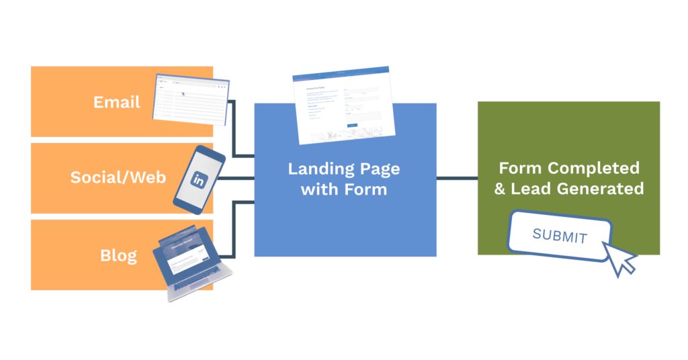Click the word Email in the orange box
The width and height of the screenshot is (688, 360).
coord(117,102)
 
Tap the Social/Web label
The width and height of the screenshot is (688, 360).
coord(118,178)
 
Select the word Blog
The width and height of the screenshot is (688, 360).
coord(118,255)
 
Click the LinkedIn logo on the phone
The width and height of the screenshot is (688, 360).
coord(199,179)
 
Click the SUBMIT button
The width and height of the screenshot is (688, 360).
coord(560,236)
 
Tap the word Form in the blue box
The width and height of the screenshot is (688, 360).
coord(367,189)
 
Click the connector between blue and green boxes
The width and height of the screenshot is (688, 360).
coord(457,179)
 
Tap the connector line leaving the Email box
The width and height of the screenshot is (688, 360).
coord(233,128)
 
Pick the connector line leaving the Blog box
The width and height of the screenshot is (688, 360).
coord(233,228)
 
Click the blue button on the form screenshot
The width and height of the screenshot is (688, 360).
coord(352,125)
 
